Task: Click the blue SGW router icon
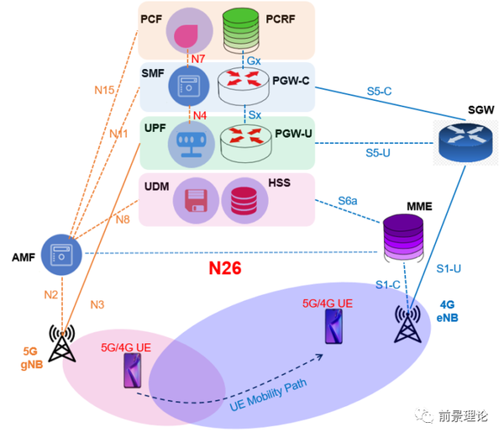[465, 139]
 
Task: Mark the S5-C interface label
[380, 90]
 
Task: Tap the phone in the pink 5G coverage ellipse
[133, 371]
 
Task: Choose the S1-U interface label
[450, 270]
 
